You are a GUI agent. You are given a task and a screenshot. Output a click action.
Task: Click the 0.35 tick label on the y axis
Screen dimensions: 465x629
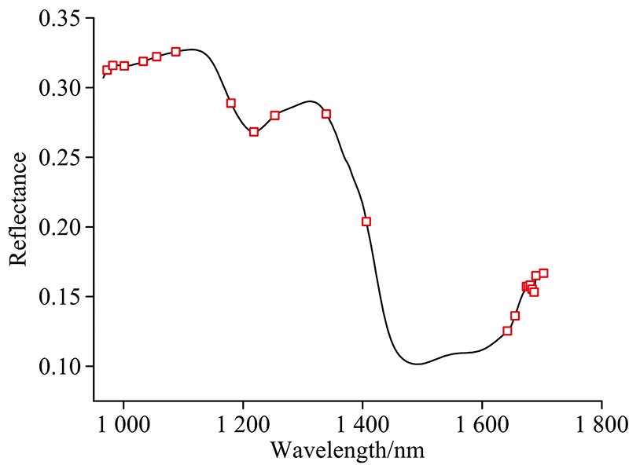point(60,18)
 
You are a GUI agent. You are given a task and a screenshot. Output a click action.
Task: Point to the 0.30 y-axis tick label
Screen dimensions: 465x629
point(60,88)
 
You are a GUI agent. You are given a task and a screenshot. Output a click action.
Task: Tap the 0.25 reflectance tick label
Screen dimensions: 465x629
point(60,158)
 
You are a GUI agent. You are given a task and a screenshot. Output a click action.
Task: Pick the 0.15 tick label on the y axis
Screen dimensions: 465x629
point(60,297)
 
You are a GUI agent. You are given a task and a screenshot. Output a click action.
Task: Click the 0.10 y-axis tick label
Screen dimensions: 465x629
point(60,367)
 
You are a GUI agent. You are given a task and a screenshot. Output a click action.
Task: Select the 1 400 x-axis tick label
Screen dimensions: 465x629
point(362,424)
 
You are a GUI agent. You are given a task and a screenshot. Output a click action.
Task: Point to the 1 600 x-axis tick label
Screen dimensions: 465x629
point(482,424)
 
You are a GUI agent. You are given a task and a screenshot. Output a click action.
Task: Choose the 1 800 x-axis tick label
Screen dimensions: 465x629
point(601,424)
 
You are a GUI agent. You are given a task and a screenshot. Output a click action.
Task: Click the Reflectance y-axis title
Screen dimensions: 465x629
point(19,208)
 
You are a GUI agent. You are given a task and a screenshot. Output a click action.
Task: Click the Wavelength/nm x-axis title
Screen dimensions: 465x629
point(347,451)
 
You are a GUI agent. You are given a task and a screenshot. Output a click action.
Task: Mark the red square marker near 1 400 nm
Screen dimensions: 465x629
point(366,222)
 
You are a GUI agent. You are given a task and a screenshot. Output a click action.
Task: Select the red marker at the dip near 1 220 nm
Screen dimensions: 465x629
point(254,132)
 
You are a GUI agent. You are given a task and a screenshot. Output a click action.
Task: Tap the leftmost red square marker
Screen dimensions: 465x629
point(107,70)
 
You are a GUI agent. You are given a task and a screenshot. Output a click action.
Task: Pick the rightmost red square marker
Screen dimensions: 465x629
point(543,273)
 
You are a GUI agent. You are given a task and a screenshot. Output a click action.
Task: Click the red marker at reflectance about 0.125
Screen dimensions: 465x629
point(507,331)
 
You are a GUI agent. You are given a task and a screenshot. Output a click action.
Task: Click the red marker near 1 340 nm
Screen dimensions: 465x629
point(326,114)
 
